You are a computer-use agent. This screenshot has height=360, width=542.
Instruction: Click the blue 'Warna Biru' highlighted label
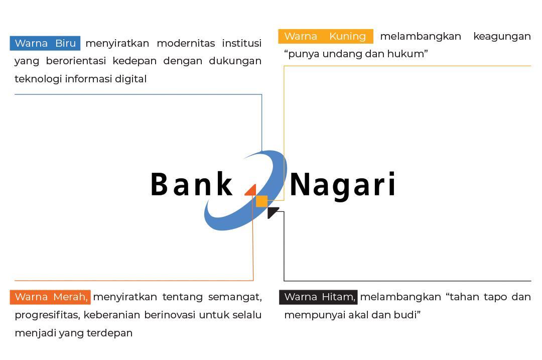[45, 43]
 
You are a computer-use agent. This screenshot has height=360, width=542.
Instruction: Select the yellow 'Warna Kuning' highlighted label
[326, 36]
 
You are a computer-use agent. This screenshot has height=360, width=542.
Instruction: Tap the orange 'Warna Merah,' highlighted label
[50, 297]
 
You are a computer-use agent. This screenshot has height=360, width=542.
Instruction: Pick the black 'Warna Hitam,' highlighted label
[318, 297]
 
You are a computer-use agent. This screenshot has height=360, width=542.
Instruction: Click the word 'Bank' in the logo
[192, 184]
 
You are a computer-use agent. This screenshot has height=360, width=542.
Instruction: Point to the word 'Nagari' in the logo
[342, 186]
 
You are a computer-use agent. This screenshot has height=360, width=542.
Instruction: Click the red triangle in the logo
[251, 190]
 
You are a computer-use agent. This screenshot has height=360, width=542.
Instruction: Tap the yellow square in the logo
[261, 201]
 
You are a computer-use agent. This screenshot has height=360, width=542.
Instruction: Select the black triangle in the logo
[273, 212]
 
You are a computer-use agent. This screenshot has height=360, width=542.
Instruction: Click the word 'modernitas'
[186, 43]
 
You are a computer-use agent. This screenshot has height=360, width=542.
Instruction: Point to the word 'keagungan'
[502, 37]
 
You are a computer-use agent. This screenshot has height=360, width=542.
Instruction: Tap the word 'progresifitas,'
[47, 315]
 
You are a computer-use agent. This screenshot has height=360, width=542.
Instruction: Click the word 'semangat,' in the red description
[235, 297]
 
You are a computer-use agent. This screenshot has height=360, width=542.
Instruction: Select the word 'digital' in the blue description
[130, 79]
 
